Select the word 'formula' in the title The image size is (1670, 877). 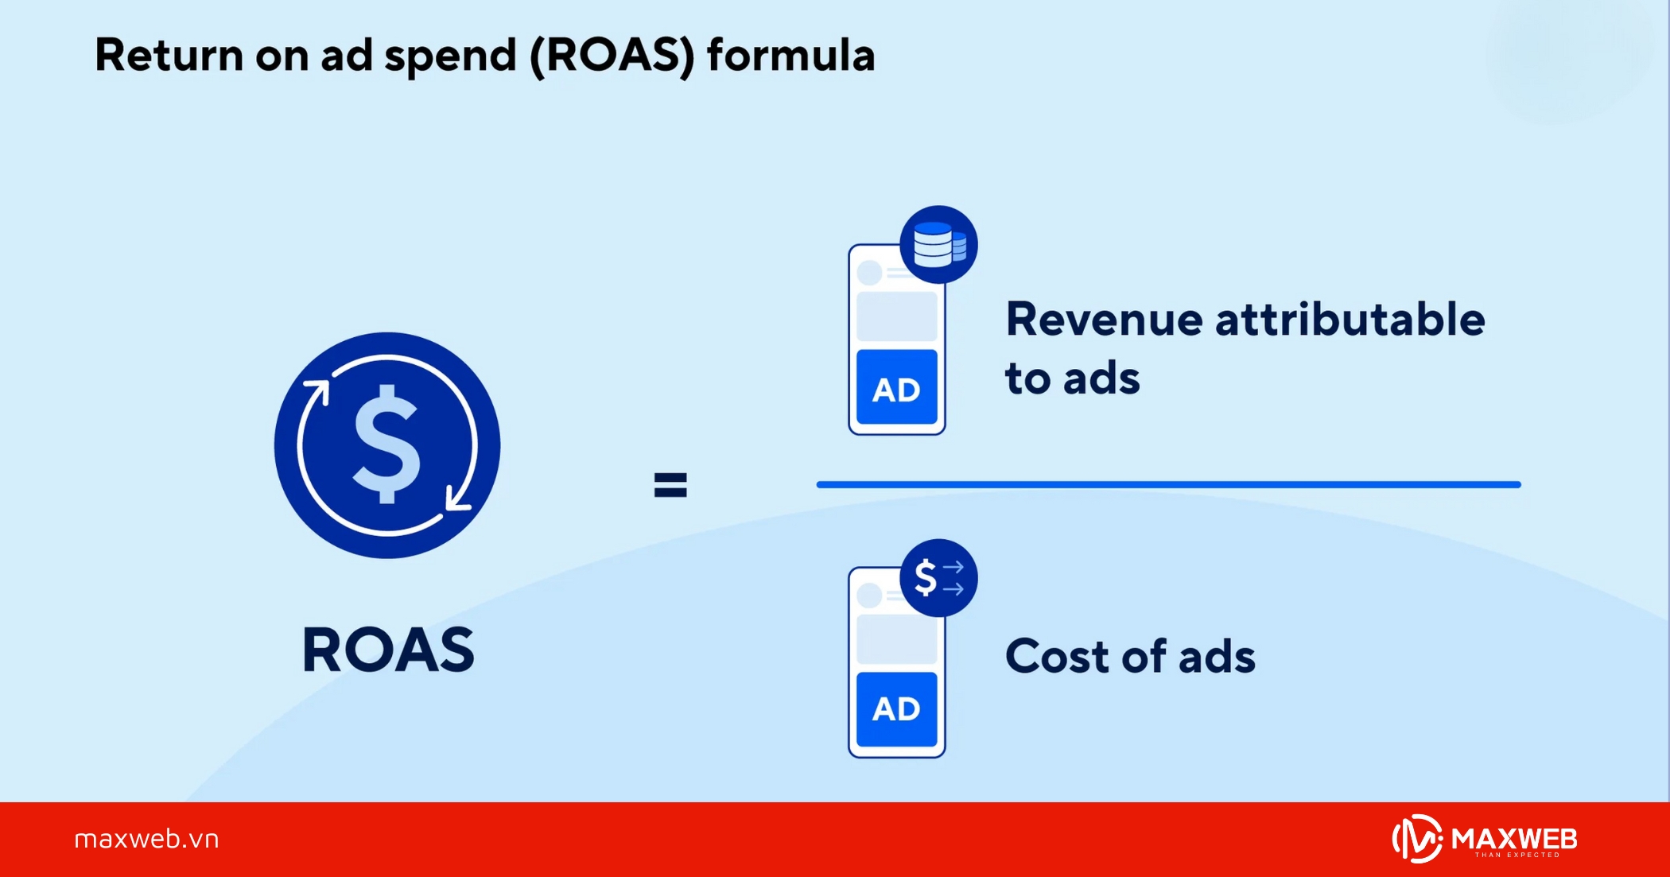click(790, 56)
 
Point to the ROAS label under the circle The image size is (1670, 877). click(388, 650)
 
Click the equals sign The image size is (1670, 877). click(670, 484)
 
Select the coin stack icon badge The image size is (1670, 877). click(938, 244)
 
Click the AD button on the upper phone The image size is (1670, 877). click(896, 389)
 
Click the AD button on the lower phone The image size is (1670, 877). click(896, 708)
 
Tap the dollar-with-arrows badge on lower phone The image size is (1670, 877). click(938, 577)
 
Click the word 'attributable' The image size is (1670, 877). click(1350, 320)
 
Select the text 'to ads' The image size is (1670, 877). click(1072, 378)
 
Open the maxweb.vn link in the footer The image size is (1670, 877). click(146, 839)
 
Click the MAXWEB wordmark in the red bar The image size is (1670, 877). click(1514, 838)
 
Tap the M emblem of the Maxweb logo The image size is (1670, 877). click(1417, 839)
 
